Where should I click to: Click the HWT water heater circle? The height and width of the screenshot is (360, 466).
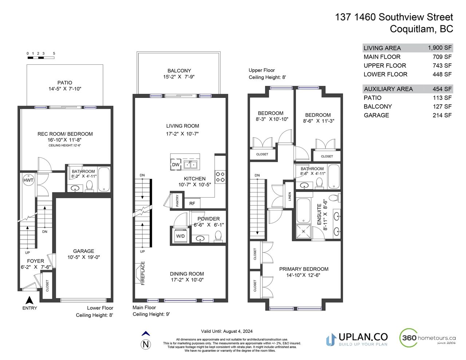[28, 180]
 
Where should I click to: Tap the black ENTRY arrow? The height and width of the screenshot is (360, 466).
[29, 300]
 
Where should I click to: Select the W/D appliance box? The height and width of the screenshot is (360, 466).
[180, 236]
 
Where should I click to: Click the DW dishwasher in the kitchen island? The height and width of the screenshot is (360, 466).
[175, 165]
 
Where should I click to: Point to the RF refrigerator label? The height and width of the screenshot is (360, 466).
[192, 203]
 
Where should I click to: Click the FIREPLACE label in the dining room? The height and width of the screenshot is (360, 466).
[143, 273]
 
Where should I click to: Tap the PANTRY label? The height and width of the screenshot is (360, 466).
[177, 201]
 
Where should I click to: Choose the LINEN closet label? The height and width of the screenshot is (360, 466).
[290, 197]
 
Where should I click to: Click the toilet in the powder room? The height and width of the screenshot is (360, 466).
[218, 236]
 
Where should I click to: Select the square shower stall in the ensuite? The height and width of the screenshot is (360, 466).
[304, 232]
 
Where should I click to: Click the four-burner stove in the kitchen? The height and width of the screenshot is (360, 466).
[220, 177]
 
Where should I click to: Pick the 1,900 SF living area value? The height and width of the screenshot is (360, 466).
[440, 48]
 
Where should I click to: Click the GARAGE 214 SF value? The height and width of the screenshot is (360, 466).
[442, 115]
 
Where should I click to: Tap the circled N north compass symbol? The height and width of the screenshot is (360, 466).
[146, 345]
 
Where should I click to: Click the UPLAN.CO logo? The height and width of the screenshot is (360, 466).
[357, 340]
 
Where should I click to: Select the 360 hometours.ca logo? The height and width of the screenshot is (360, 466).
[427, 338]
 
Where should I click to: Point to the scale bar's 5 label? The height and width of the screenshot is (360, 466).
[54, 54]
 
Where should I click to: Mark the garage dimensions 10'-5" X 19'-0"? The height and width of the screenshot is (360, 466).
[84, 257]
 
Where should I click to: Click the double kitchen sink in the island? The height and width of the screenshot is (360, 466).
[190, 165]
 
